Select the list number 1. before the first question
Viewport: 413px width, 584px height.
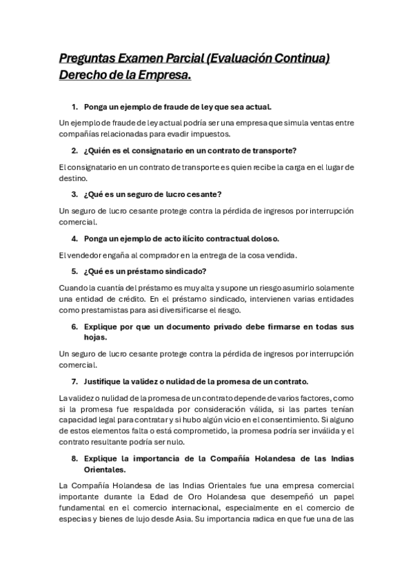click(75, 107)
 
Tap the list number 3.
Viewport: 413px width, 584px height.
click(75, 194)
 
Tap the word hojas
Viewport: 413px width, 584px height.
click(96, 337)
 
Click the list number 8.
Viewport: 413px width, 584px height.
click(75, 459)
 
